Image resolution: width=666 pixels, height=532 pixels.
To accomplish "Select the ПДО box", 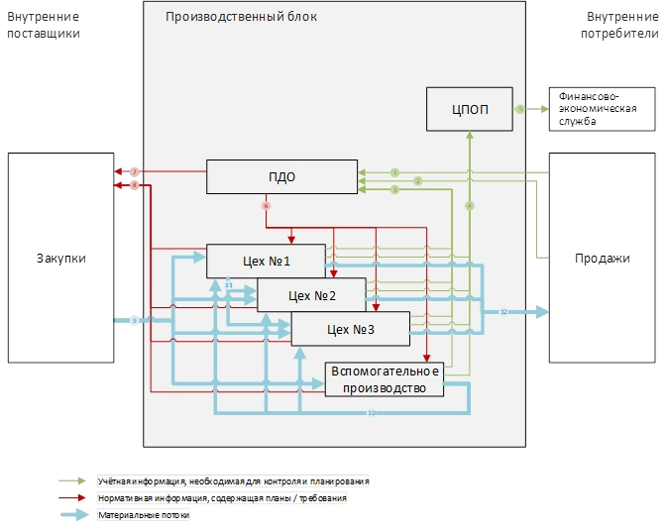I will pos(281,177).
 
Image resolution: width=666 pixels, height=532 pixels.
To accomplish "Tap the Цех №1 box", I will pos(266,261).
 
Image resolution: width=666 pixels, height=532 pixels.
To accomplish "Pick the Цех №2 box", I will pos(311,295).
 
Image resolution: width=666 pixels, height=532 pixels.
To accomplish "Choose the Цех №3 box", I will pos(350,329).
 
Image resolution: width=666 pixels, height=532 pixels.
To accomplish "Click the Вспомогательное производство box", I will pos(385,379).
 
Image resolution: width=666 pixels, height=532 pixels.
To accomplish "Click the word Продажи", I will pos(603,258).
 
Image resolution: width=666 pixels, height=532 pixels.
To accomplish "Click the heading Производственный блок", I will pos(242,17).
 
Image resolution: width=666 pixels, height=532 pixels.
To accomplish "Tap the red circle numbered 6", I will pos(266,206).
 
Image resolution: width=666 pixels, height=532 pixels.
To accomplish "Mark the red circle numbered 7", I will pos(134,172).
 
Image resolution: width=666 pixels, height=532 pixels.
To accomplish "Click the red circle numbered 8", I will pos(134,185).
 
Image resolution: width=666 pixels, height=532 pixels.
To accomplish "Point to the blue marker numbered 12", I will pos(503,312).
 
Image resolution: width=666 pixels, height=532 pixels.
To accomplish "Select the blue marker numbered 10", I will pos(371,412).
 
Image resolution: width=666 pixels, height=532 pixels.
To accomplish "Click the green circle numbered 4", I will pos(470,206).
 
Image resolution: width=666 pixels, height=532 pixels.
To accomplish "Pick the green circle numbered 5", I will pos(519,109).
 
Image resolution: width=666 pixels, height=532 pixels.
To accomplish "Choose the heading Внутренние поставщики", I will pos(43,25).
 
